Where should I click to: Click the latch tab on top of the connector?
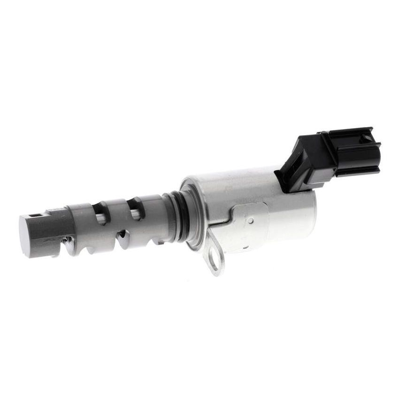347,134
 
